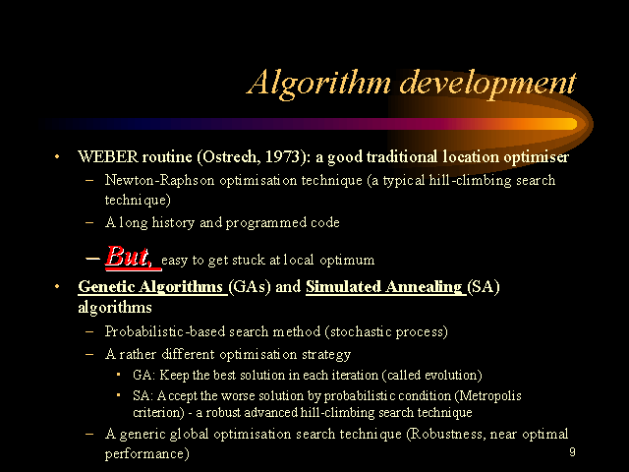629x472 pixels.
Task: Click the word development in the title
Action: point(487,84)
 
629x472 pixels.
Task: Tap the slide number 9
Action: point(572,452)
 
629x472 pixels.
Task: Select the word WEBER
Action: point(108,156)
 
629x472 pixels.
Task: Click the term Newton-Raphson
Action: point(159,180)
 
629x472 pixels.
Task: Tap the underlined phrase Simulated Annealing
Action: point(384,286)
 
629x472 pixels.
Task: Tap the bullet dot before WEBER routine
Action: point(57,156)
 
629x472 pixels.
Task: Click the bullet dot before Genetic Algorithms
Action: point(57,286)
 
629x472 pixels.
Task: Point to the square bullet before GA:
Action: point(118,375)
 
